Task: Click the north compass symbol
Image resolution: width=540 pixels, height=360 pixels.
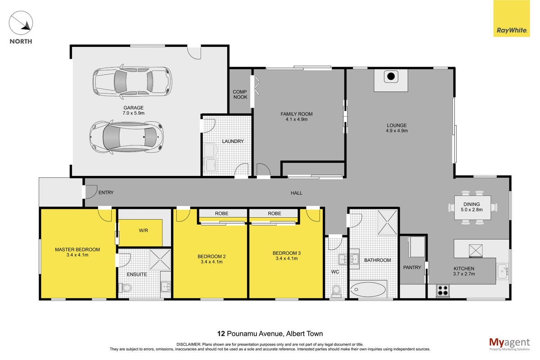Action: coord(21,23)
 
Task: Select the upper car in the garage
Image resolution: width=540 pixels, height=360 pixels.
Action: coord(132,82)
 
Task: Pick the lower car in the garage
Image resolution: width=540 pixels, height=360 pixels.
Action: coord(126,137)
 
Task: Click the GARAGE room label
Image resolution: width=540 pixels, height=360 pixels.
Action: coord(133,108)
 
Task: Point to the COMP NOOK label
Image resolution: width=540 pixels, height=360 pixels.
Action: coord(240,94)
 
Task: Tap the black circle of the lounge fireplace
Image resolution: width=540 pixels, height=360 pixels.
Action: coord(391,76)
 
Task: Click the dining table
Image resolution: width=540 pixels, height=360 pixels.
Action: coord(472,207)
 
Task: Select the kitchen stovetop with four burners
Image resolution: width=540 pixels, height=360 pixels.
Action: coord(443,290)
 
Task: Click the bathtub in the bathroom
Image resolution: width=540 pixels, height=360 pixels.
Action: coord(368,289)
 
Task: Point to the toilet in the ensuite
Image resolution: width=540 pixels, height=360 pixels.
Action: coord(126,288)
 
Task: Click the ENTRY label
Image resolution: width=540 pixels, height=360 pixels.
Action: coord(106,193)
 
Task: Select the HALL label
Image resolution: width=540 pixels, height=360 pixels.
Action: coord(296,193)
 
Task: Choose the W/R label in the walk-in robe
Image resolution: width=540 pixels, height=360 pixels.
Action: coord(144,230)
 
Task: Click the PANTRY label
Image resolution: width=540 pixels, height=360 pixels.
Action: coord(412,267)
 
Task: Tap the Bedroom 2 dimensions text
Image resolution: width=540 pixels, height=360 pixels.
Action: coord(211,262)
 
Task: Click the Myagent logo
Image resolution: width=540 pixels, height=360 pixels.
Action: coord(509,344)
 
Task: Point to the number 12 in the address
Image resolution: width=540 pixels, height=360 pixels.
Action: coord(221,334)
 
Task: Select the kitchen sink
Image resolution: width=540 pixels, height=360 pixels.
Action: coord(503,271)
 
